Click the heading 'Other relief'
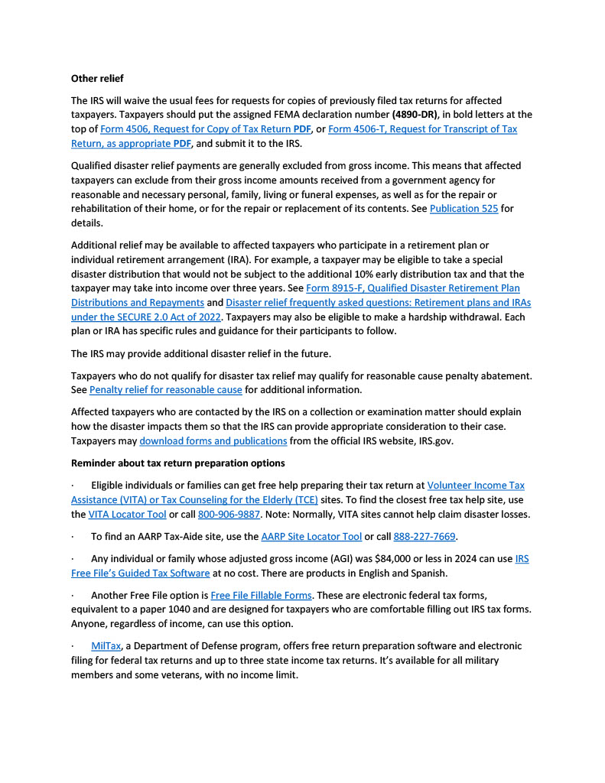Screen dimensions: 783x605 tap(97, 78)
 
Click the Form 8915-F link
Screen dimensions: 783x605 tap(412, 288)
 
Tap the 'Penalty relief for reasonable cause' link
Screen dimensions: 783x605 tap(165, 390)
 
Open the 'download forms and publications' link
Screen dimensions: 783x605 tap(213, 441)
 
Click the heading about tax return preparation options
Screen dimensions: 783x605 tap(177, 463)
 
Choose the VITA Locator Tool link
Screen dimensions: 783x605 tap(127, 515)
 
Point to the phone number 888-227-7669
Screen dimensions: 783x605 tap(420, 537)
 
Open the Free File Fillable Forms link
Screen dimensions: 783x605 tap(261, 595)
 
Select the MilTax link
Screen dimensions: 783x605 tap(106, 646)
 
